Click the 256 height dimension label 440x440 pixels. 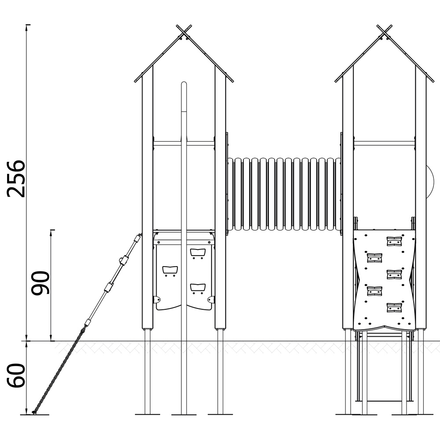[x=16, y=179]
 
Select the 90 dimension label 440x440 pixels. [x=40, y=283]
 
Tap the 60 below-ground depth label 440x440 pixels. [x=16, y=375]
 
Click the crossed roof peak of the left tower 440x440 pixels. [x=184, y=31]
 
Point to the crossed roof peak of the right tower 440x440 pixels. [x=385, y=31]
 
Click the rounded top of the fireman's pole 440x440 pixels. [x=184, y=84]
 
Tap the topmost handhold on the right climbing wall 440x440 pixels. [x=394, y=241]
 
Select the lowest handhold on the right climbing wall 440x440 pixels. [x=394, y=308]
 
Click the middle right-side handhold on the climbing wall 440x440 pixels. [x=394, y=274]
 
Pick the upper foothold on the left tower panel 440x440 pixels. [x=198, y=253]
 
